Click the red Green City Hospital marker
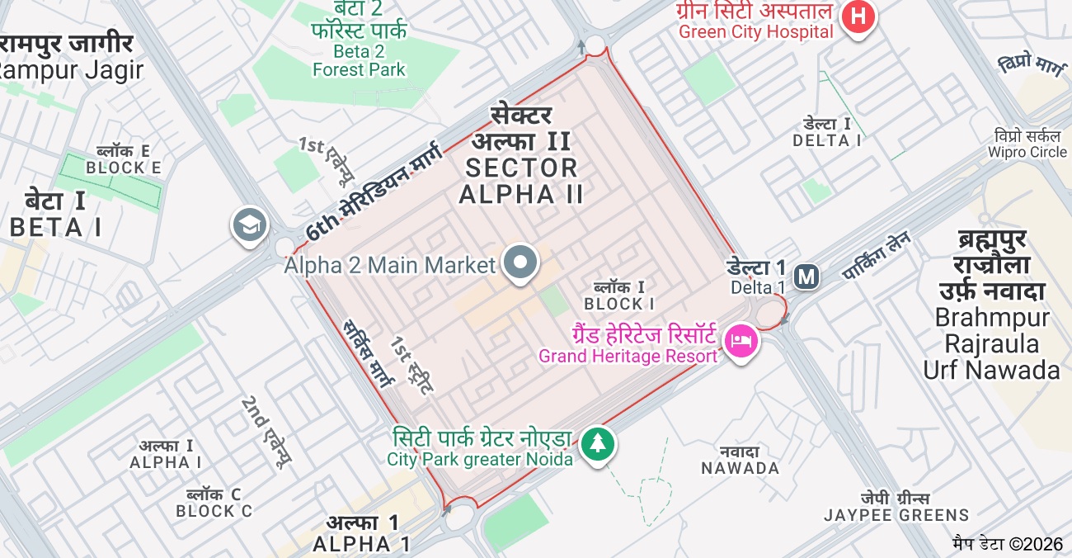[x=858, y=17]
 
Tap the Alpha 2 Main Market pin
[x=520, y=263]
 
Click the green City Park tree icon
[x=597, y=444]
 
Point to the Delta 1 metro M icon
[x=806, y=277]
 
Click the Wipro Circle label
[x=1027, y=144]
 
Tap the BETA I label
[x=56, y=214]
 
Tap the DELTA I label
[x=827, y=132]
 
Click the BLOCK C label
[x=214, y=503]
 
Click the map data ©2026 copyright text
[x=1008, y=544]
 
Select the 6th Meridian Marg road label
[x=373, y=191]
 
